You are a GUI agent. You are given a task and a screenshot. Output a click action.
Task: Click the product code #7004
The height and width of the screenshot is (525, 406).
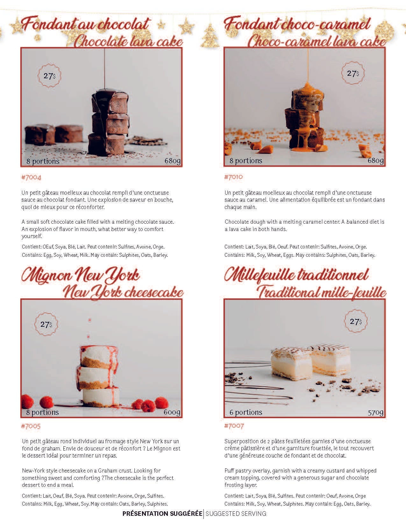pos(31,178)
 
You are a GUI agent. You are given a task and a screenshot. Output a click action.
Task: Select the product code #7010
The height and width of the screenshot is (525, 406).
pos(233,177)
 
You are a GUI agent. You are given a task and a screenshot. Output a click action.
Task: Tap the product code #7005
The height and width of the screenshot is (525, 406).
pos(31,426)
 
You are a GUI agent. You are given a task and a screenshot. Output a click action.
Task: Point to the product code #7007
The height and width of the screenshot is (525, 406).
pos(234,426)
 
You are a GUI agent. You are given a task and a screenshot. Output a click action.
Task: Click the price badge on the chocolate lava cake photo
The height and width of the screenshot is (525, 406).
pos(50,76)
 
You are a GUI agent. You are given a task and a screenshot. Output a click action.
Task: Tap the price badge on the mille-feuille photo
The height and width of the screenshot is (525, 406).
pos(356,321)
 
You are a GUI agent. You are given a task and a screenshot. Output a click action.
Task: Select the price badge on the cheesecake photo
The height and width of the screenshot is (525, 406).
pos(46,324)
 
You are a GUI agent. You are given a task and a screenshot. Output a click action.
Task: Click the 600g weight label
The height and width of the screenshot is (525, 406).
pos(172,412)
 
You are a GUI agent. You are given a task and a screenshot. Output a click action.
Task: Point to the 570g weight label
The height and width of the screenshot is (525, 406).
pos(375,412)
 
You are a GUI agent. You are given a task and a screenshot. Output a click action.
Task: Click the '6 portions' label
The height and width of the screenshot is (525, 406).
pos(246,412)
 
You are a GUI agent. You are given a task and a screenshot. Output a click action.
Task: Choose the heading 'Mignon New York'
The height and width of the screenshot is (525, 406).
pos(81,276)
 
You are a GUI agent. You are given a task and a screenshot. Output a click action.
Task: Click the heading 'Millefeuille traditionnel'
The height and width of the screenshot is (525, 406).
pos(296,276)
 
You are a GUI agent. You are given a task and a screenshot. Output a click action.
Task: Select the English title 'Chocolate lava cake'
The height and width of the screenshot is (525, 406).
pos(128,41)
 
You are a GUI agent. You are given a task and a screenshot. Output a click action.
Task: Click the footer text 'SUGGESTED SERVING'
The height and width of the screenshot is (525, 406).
pos(236,514)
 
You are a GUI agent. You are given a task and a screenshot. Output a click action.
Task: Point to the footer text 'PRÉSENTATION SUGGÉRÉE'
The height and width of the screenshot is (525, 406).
pos(162,514)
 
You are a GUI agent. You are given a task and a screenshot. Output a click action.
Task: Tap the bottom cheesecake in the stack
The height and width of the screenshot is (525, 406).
pos(101,397)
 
